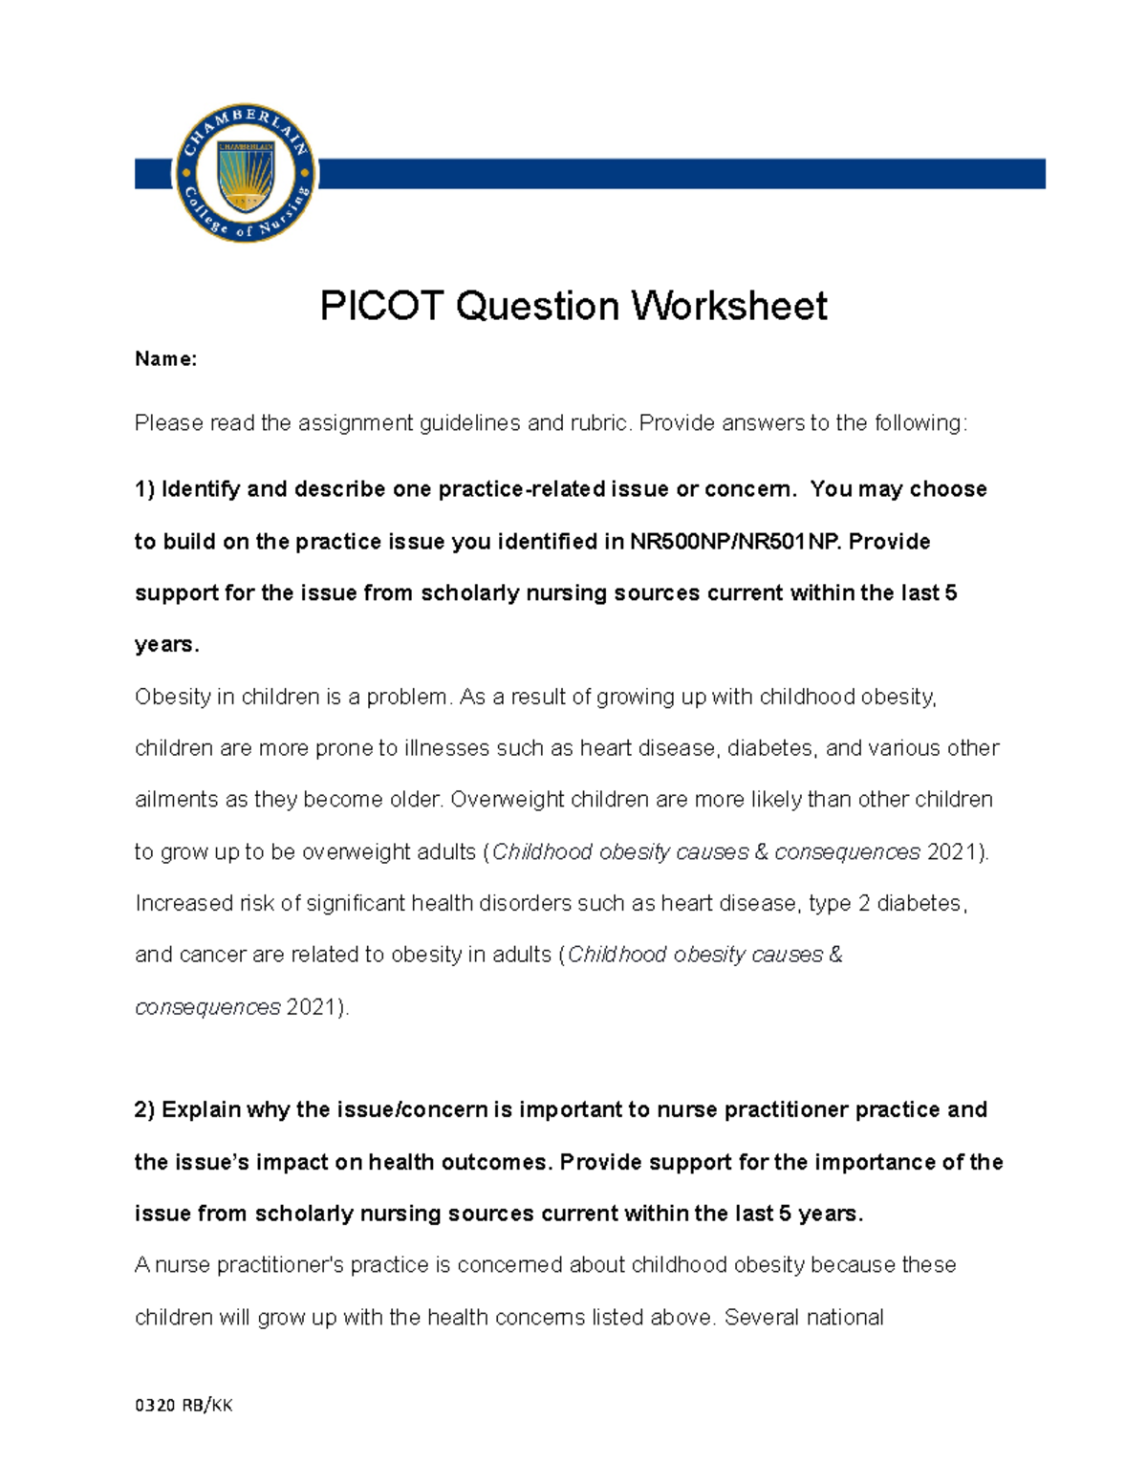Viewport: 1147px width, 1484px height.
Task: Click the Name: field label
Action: point(165,359)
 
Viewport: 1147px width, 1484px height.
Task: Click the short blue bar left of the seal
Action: point(152,174)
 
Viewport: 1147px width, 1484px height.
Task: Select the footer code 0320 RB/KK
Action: point(184,1405)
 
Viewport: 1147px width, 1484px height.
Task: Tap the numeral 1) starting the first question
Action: point(144,489)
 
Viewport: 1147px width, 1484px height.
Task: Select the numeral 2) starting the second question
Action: point(144,1109)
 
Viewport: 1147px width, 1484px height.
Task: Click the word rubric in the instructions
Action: point(597,423)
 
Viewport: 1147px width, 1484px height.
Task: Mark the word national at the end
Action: point(845,1317)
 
